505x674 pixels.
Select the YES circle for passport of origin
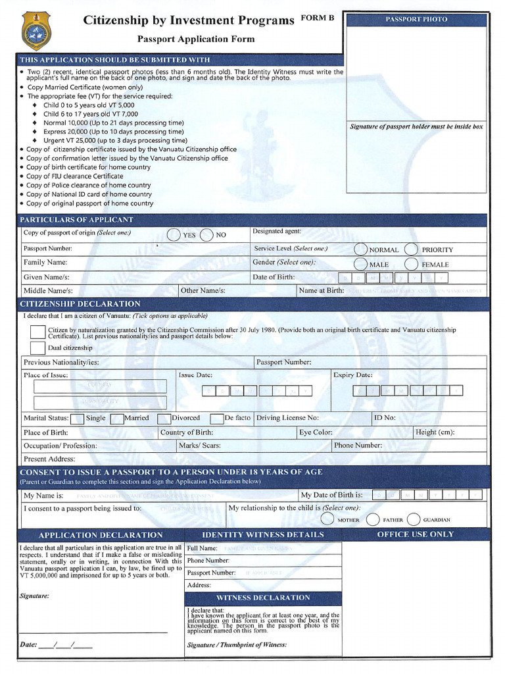(174, 235)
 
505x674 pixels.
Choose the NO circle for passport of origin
(206, 235)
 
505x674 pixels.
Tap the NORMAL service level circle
(360, 249)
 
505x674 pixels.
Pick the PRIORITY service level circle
(411, 249)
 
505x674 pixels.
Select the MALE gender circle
(360, 264)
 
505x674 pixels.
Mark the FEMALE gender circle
(411, 264)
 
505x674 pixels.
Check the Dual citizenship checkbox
(37, 348)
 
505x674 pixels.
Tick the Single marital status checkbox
(77, 419)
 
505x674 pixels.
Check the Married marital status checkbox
(117, 419)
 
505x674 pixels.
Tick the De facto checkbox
(217, 419)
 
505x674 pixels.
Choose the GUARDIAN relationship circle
(414, 519)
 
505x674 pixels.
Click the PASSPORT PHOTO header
(416, 20)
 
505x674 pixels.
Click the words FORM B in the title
(318, 18)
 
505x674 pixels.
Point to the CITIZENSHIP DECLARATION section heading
(80, 304)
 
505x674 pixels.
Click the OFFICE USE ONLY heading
(415, 534)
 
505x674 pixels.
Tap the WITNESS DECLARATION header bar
(263, 598)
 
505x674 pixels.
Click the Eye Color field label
(316, 432)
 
